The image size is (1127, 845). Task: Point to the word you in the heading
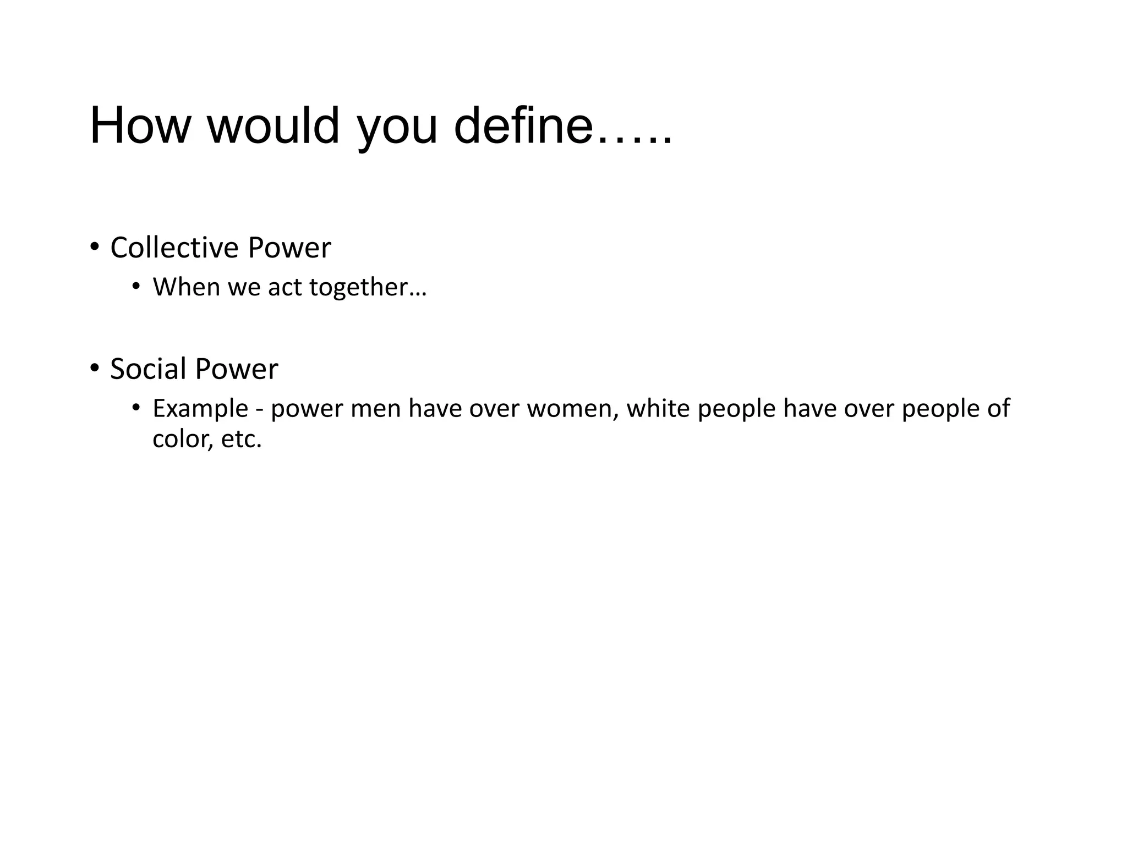click(x=397, y=129)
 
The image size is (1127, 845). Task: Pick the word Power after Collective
click(x=289, y=248)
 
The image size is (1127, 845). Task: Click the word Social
click(x=147, y=369)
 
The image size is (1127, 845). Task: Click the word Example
click(x=200, y=409)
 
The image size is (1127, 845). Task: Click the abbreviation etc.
click(x=240, y=440)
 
